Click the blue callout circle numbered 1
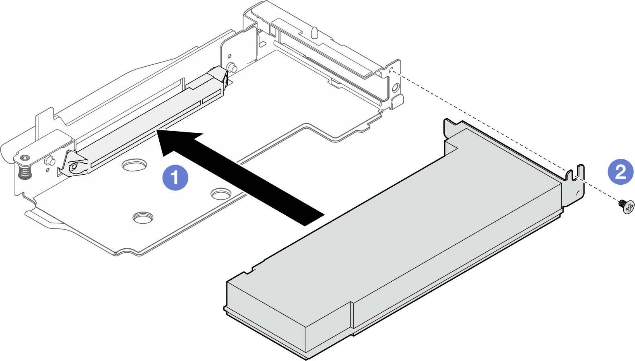point(175,177)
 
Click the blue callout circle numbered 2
point(620,171)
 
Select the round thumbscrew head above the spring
point(24,158)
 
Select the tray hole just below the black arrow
point(221,194)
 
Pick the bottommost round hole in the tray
point(143,217)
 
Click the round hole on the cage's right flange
point(395,87)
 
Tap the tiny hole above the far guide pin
point(229,57)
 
